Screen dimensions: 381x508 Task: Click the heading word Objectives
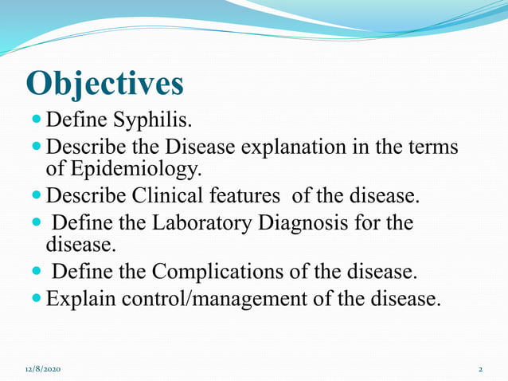(x=104, y=84)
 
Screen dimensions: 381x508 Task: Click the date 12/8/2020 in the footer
(x=42, y=370)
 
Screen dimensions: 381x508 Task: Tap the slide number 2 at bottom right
(x=481, y=370)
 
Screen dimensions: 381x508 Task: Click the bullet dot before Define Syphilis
(x=38, y=121)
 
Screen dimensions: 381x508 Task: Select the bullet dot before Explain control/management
(x=38, y=300)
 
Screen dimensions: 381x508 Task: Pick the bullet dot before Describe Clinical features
(x=38, y=195)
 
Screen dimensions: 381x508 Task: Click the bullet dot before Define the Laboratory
(x=38, y=223)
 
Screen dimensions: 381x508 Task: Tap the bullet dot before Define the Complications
(x=38, y=272)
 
